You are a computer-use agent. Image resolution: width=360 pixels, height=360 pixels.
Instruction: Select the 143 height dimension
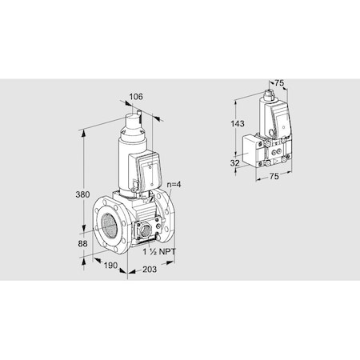coord(236,124)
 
